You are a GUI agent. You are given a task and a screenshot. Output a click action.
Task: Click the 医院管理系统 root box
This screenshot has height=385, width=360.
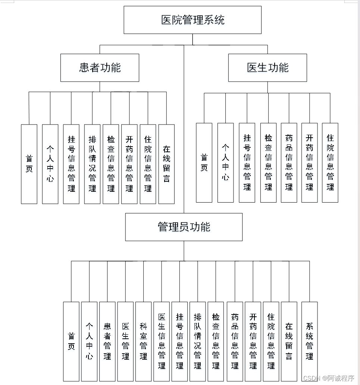pos(192,20)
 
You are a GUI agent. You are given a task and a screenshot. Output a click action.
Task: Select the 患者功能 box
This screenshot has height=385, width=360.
pos(100,68)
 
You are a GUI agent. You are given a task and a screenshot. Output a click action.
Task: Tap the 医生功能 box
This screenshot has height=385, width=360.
pos(267,68)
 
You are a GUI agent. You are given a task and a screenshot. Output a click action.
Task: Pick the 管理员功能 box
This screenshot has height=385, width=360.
pos(184,227)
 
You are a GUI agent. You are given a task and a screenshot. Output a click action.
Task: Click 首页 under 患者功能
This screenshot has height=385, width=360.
pos(29,164)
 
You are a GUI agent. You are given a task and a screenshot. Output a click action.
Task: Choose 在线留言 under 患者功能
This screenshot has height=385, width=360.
pos(166,164)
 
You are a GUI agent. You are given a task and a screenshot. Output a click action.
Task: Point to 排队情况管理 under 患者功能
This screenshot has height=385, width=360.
pos(92,164)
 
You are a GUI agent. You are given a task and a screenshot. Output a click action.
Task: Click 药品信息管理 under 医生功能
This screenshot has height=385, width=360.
pos(289,163)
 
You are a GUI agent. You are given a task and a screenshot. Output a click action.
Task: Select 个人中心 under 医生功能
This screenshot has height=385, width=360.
pos(225,163)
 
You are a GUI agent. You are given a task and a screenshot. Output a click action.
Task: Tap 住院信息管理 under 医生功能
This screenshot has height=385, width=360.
pos(330,163)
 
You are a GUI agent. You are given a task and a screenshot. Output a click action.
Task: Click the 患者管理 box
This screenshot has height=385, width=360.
pos(107,341)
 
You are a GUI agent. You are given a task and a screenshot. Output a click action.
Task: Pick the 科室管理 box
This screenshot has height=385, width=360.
pos(143,341)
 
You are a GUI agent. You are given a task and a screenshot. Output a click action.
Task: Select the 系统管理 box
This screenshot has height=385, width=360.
pos(309,341)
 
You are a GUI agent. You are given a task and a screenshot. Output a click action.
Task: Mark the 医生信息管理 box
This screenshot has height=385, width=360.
pos(162,341)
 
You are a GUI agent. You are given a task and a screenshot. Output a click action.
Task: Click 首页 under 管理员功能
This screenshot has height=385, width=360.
pos(71,341)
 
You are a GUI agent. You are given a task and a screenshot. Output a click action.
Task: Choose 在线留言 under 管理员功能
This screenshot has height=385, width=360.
pos(289,341)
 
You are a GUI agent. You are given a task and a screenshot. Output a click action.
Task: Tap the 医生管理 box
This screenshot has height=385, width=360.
pos(125,341)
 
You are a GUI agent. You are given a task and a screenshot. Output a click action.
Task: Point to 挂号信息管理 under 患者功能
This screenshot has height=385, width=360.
pos(71,164)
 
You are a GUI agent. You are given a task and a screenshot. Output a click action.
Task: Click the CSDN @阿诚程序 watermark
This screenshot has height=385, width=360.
pos(328,378)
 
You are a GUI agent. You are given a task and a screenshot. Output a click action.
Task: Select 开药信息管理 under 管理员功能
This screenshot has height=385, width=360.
pos(253,341)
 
